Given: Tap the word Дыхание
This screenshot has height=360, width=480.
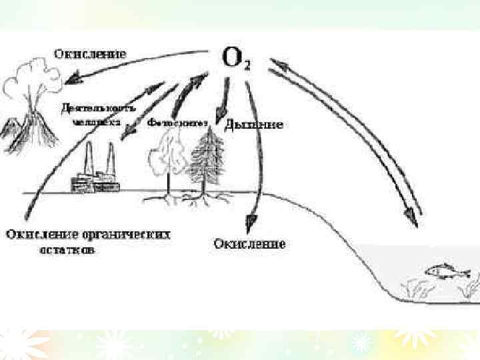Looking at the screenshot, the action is point(255,125).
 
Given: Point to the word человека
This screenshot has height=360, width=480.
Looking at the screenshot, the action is point(97,123).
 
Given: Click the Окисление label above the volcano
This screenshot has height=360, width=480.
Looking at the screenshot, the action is point(91,52).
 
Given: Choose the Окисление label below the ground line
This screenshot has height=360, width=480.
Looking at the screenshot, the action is point(249,244).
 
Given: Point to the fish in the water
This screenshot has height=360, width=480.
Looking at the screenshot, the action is point(447,271).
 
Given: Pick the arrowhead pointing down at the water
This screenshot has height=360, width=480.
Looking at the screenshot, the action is point(413,217).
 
